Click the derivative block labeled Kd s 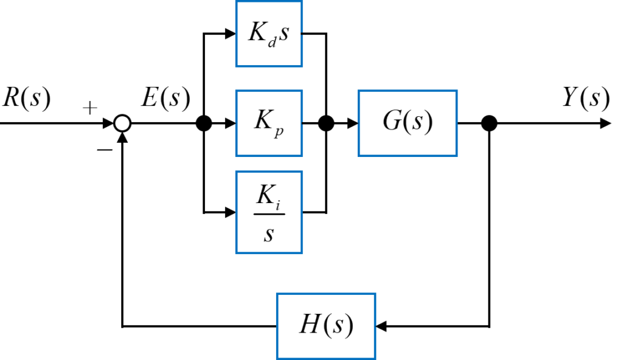pyautogui.click(x=268, y=33)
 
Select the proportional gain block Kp pyautogui.click(x=268, y=123)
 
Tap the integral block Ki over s pyautogui.click(x=268, y=212)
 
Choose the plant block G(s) pyautogui.click(x=407, y=123)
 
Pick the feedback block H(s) pyautogui.click(x=326, y=326)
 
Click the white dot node pyautogui.click(x=122, y=123)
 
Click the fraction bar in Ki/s pyautogui.click(x=269, y=213)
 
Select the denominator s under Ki pyautogui.click(x=268, y=234)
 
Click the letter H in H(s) pyautogui.click(x=309, y=325)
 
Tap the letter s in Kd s pyautogui.click(x=284, y=33)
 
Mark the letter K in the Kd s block pyautogui.click(x=257, y=32)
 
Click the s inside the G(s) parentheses pyautogui.click(x=417, y=123)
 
